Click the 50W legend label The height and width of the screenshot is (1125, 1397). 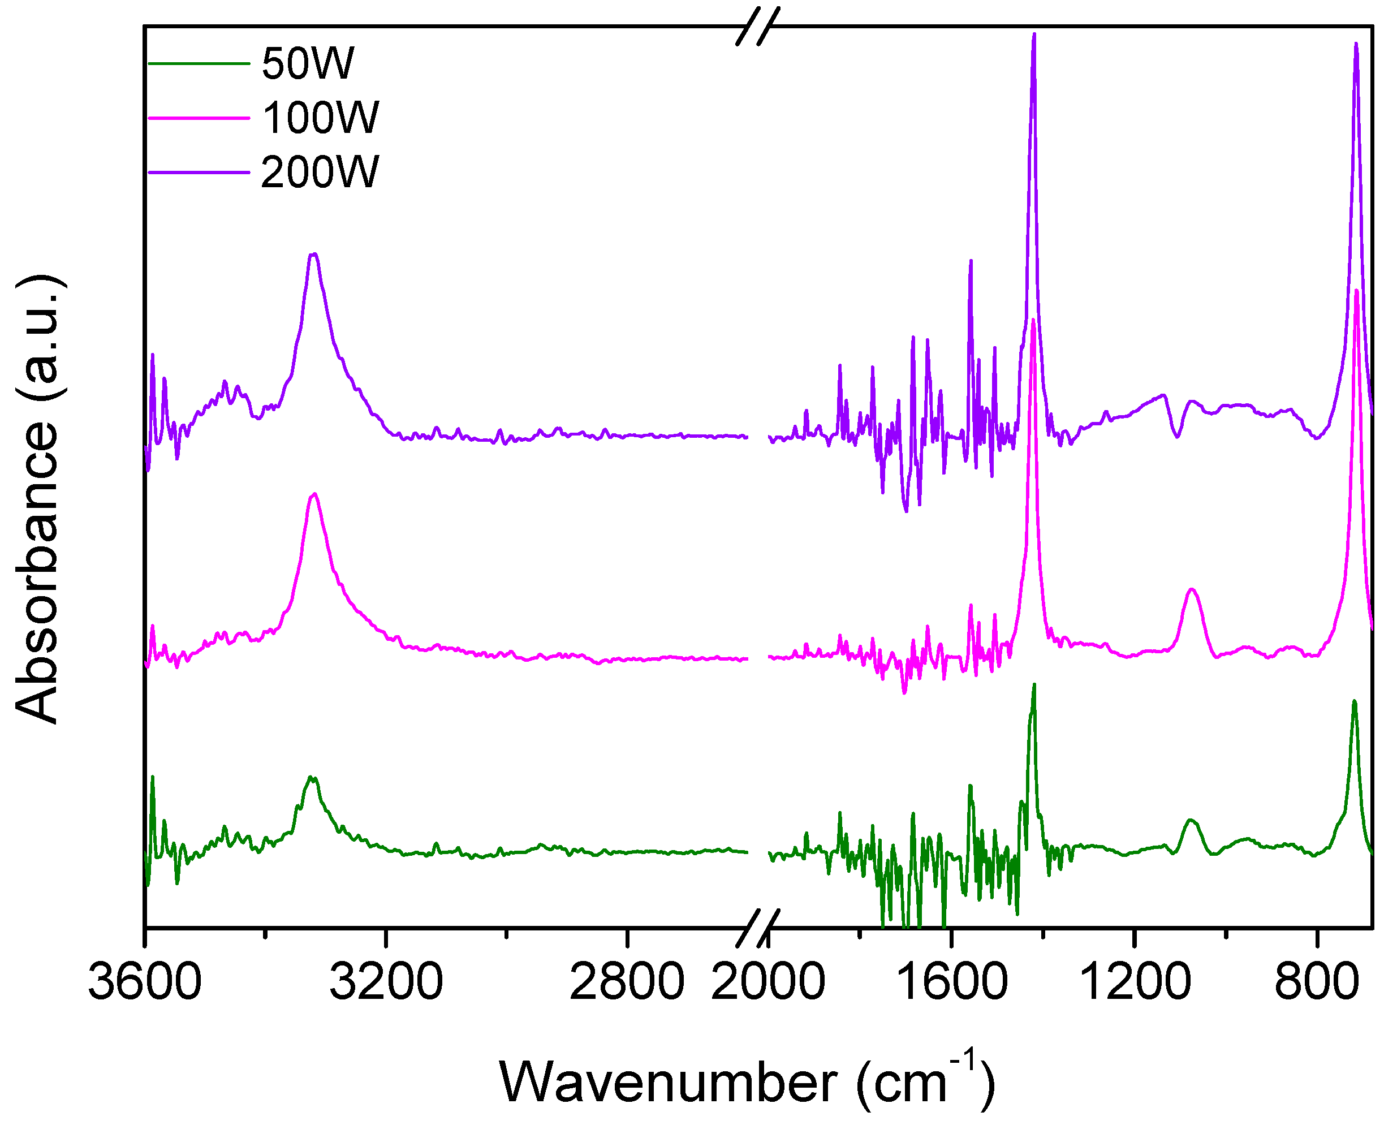coord(308,63)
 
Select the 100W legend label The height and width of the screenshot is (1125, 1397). coord(320,118)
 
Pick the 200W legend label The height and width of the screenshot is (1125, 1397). coord(320,173)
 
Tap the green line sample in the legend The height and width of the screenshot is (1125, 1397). coord(199,63)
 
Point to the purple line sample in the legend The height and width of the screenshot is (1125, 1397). coord(199,173)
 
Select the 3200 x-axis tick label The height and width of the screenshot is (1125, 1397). coord(386,982)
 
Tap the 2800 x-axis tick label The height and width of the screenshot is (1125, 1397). coord(627,982)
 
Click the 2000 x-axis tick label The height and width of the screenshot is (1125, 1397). coord(768,982)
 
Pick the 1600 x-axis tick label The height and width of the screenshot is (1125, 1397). coord(951,982)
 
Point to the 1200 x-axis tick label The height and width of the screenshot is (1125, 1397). coord(1135,982)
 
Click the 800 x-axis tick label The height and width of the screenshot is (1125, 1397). coord(1317,982)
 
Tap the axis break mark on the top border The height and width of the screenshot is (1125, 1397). coord(757,27)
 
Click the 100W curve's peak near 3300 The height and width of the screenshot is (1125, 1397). coord(314,494)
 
